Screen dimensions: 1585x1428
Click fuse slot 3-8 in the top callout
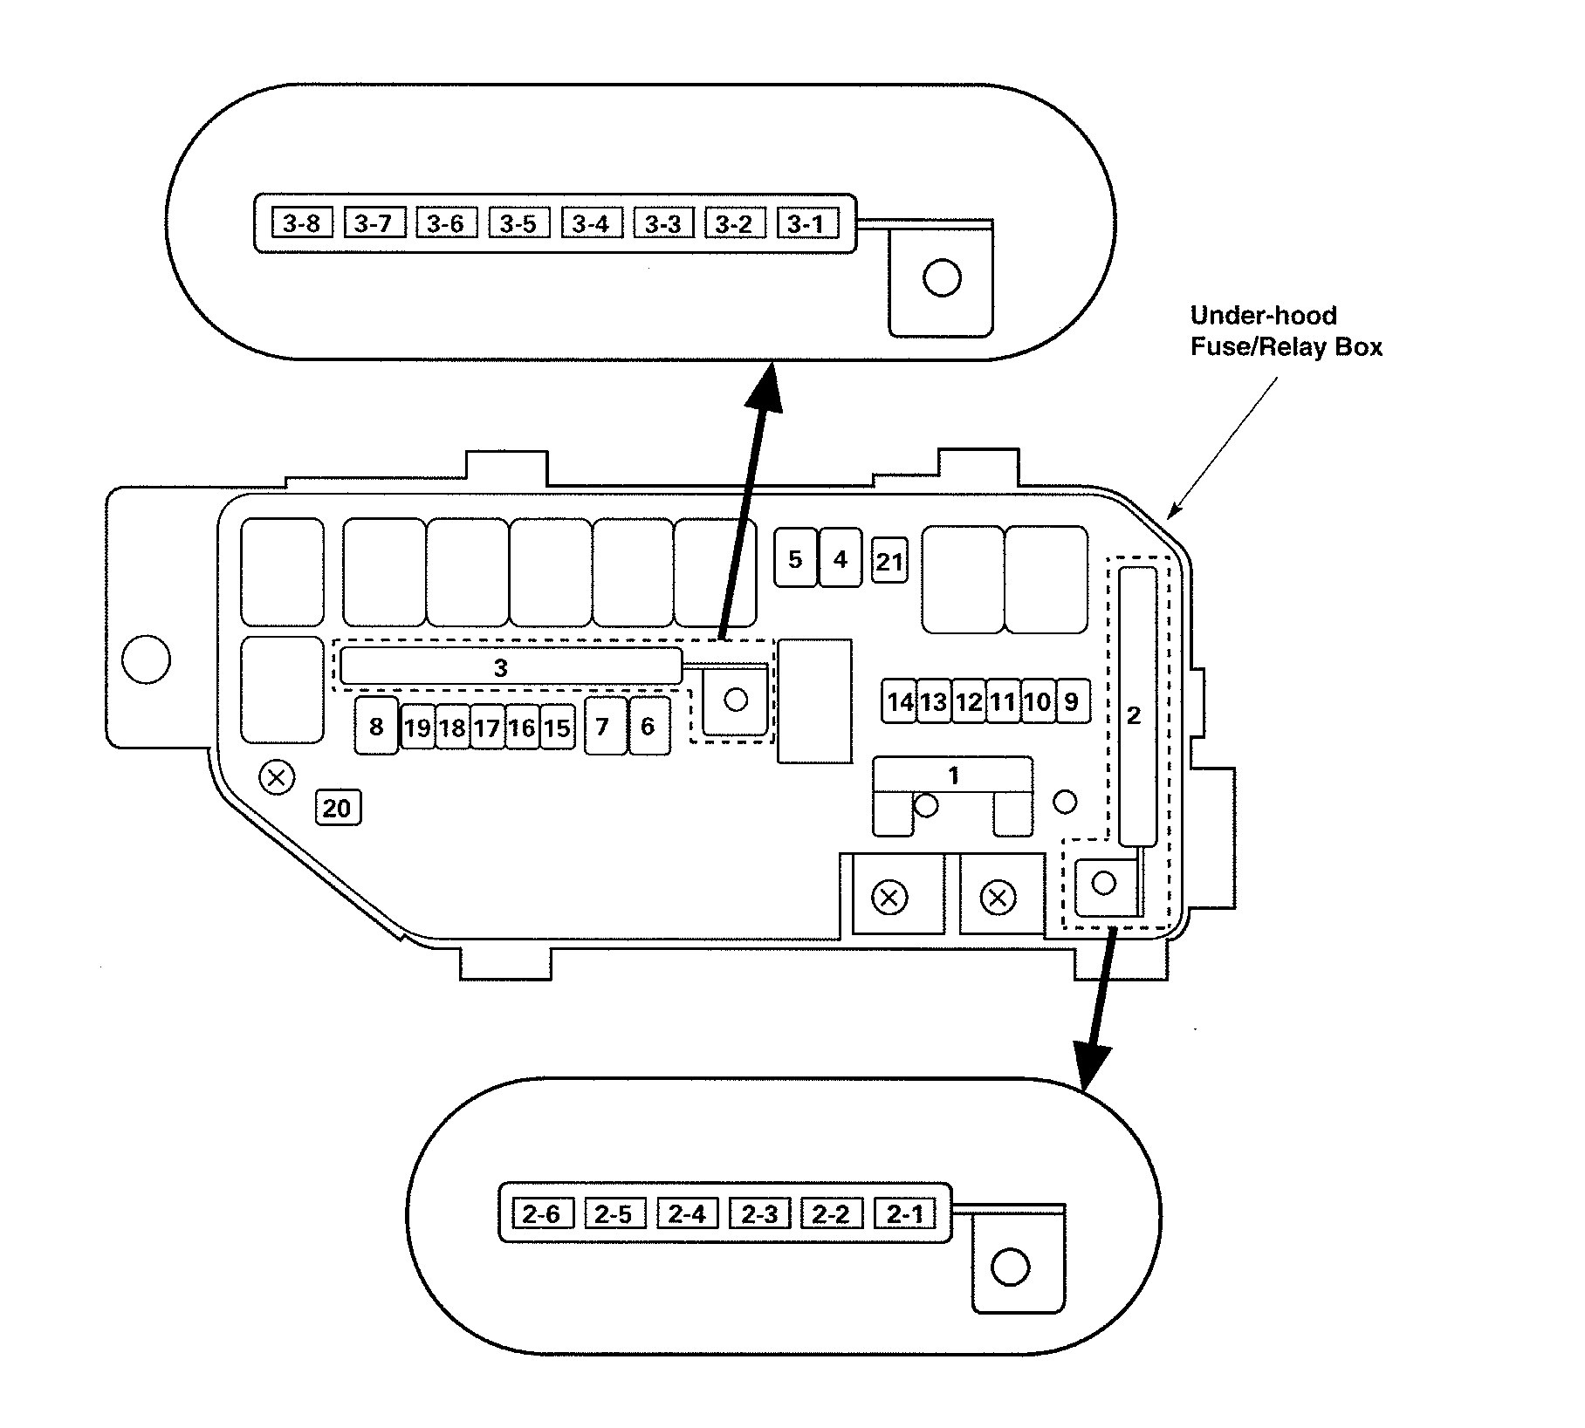click(x=302, y=223)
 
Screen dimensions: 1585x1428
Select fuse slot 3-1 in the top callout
click(x=806, y=223)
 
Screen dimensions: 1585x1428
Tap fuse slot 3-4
click(x=591, y=223)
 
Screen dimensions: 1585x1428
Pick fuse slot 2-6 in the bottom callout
click(x=542, y=1213)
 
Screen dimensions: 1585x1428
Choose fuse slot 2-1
click(x=904, y=1213)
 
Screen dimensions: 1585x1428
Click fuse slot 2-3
click(x=759, y=1213)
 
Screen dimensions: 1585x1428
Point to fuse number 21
click(x=889, y=560)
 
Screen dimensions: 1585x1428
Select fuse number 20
click(x=337, y=808)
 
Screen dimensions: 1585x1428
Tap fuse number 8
click(x=376, y=726)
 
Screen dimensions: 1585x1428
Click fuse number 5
click(x=795, y=558)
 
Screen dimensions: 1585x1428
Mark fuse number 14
click(x=900, y=701)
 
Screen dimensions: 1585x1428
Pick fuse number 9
click(x=1073, y=701)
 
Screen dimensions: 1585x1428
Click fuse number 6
click(x=648, y=726)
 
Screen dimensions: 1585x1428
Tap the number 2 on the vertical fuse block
click(x=1134, y=715)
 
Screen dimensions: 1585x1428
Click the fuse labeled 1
click(x=953, y=775)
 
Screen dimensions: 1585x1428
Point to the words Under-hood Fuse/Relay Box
click(x=1287, y=331)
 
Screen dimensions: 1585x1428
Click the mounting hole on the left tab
click(x=146, y=659)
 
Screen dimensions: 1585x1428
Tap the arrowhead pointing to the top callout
click(x=765, y=386)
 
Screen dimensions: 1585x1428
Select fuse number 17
click(x=487, y=728)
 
